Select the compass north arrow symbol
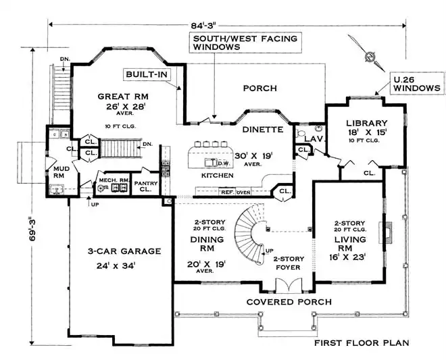(x=370, y=57)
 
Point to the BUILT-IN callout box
(x=145, y=74)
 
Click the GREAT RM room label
(x=118, y=95)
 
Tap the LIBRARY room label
(x=366, y=122)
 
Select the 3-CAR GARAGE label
(x=124, y=251)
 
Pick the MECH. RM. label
(x=112, y=180)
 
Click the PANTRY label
(x=145, y=186)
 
